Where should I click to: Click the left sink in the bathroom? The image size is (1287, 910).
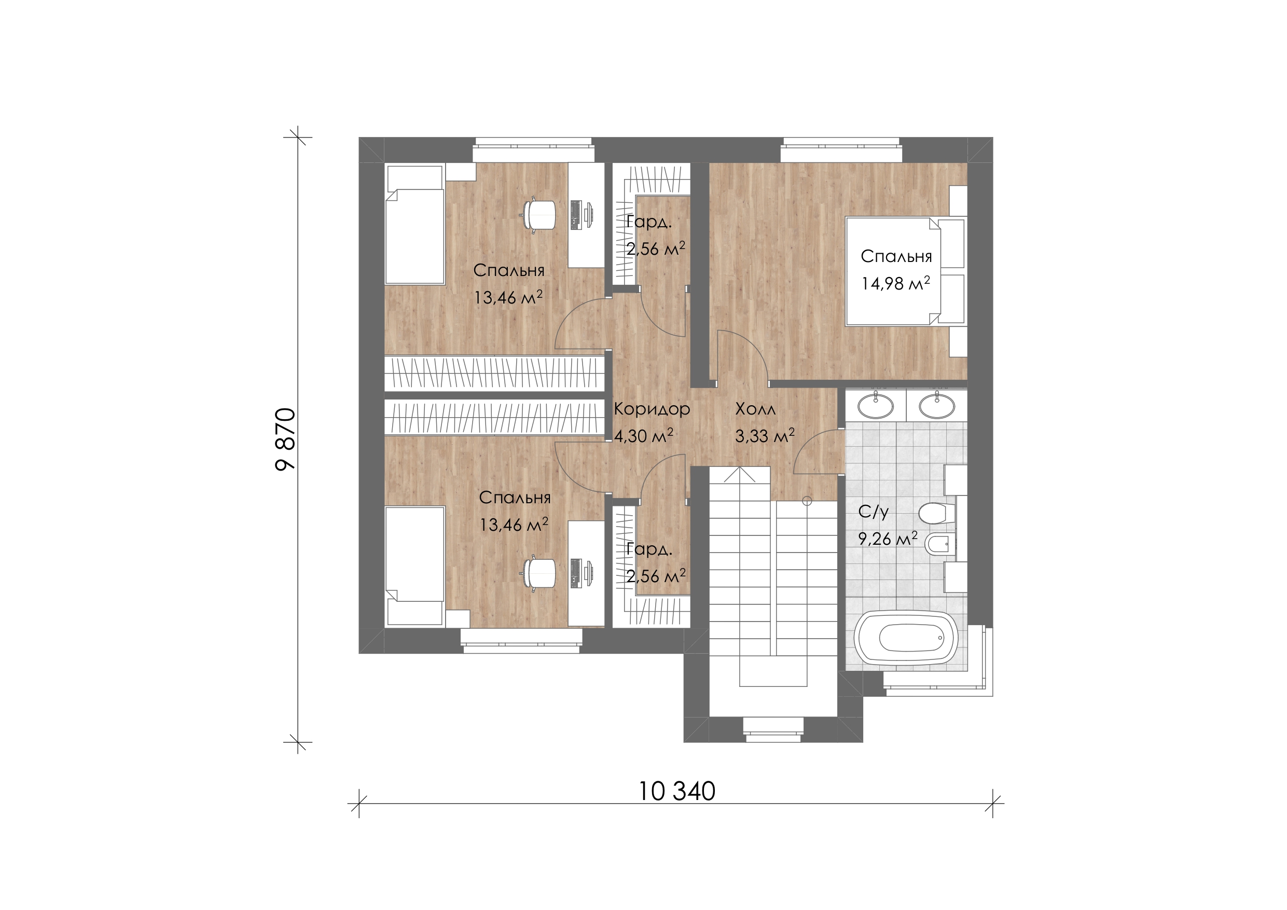[x=876, y=405]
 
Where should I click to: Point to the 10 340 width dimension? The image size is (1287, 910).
[x=677, y=792]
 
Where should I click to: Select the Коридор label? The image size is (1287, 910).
[x=652, y=409]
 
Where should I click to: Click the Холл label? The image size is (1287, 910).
[x=756, y=409]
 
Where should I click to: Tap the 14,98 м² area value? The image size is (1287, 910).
[x=896, y=283]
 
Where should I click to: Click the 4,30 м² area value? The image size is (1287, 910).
[x=643, y=435]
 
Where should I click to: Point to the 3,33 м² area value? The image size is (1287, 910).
[x=765, y=435]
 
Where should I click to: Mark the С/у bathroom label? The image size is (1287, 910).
[x=874, y=512]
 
